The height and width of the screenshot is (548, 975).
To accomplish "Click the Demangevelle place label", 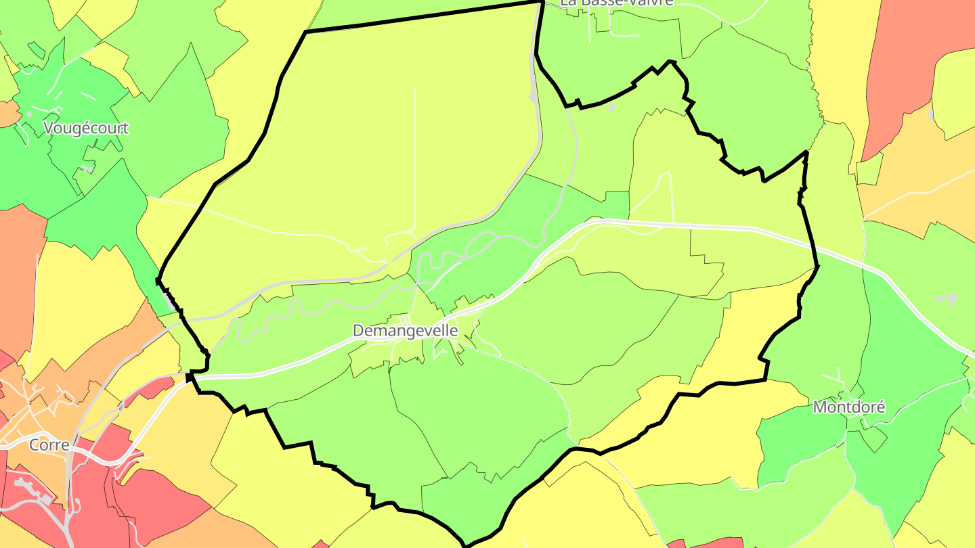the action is point(405,331).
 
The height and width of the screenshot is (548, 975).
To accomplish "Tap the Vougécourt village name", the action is point(86,128).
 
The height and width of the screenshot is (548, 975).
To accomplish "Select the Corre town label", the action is point(49,445).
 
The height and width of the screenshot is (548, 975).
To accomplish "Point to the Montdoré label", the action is point(849,407).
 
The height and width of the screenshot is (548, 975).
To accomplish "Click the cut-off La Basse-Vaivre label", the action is point(617,2).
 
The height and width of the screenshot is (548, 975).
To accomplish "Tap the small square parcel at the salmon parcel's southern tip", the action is point(869,169).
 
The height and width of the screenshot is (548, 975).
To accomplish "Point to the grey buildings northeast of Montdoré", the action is point(946,298).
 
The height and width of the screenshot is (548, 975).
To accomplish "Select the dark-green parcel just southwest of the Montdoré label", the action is point(799,440).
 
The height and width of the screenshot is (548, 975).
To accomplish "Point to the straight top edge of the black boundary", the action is point(420,17).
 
